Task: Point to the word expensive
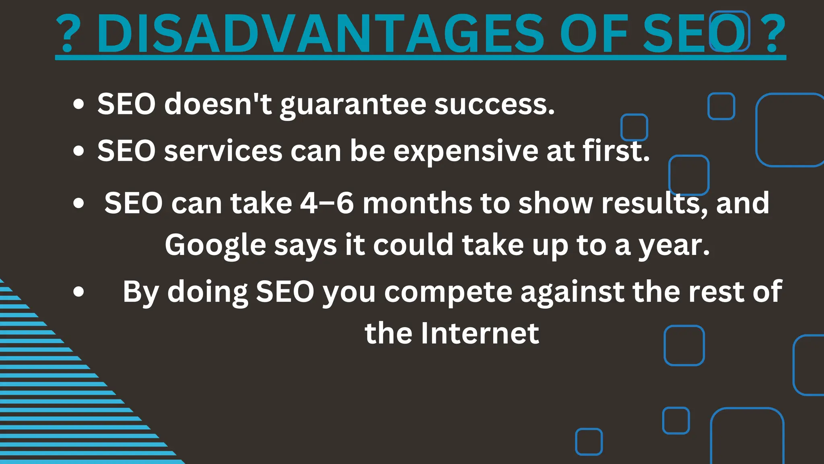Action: click(465, 151)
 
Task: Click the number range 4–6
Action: click(327, 203)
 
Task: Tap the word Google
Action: click(215, 246)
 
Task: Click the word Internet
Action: click(480, 333)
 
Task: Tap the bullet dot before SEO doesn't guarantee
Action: click(79, 104)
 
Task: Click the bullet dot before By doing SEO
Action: click(79, 292)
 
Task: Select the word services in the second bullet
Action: click(223, 151)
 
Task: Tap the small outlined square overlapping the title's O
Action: click(729, 31)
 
